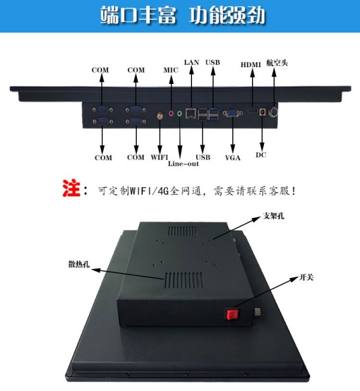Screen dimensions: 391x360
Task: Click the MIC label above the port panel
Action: pos(171,70)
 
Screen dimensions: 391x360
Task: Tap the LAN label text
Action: pos(191,62)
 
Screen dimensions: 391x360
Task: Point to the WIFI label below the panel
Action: pos(160,158)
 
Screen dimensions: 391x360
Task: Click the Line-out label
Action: pos(184,163)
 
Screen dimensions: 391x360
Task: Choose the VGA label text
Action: pos(233,158)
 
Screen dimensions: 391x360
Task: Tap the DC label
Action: pos(260,156)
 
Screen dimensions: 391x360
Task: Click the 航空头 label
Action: pos(277,62)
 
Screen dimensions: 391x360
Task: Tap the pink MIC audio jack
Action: pos(172,112)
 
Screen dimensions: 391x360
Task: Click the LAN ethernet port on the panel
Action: pos(191,112)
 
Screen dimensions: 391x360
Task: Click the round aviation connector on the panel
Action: pos(274,112)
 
